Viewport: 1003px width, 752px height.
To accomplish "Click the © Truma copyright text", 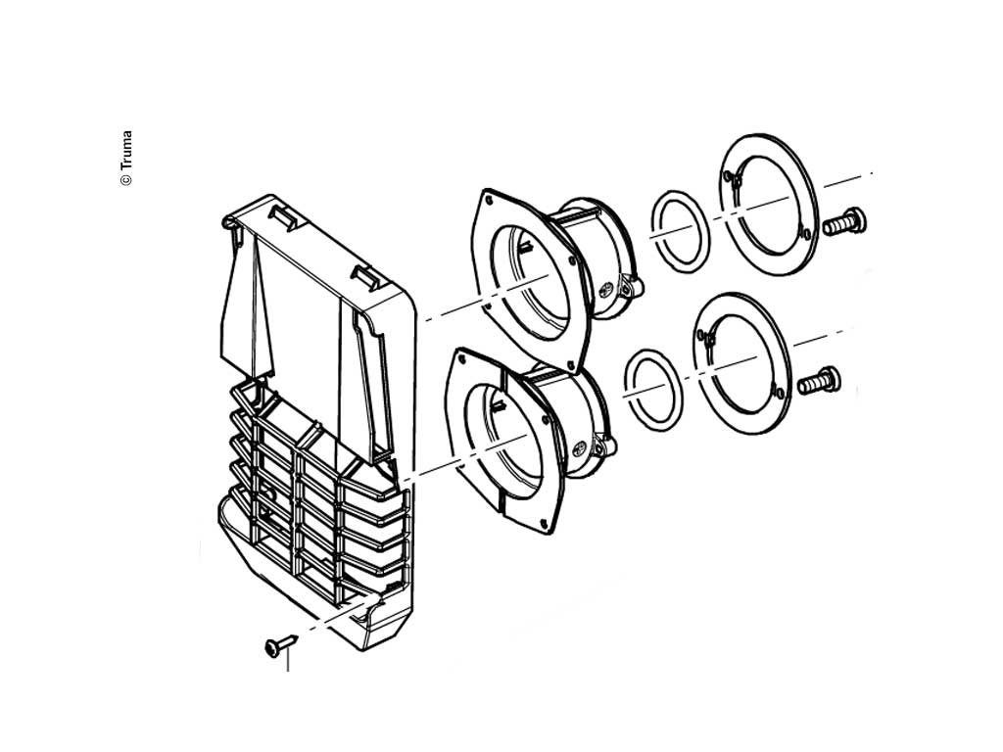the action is tap(126, 159).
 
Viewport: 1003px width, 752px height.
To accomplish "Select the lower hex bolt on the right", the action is tap(818, 382).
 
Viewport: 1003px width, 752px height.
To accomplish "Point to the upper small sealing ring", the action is tap(680, 231).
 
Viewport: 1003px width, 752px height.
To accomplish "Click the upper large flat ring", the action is tap(768, 204).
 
